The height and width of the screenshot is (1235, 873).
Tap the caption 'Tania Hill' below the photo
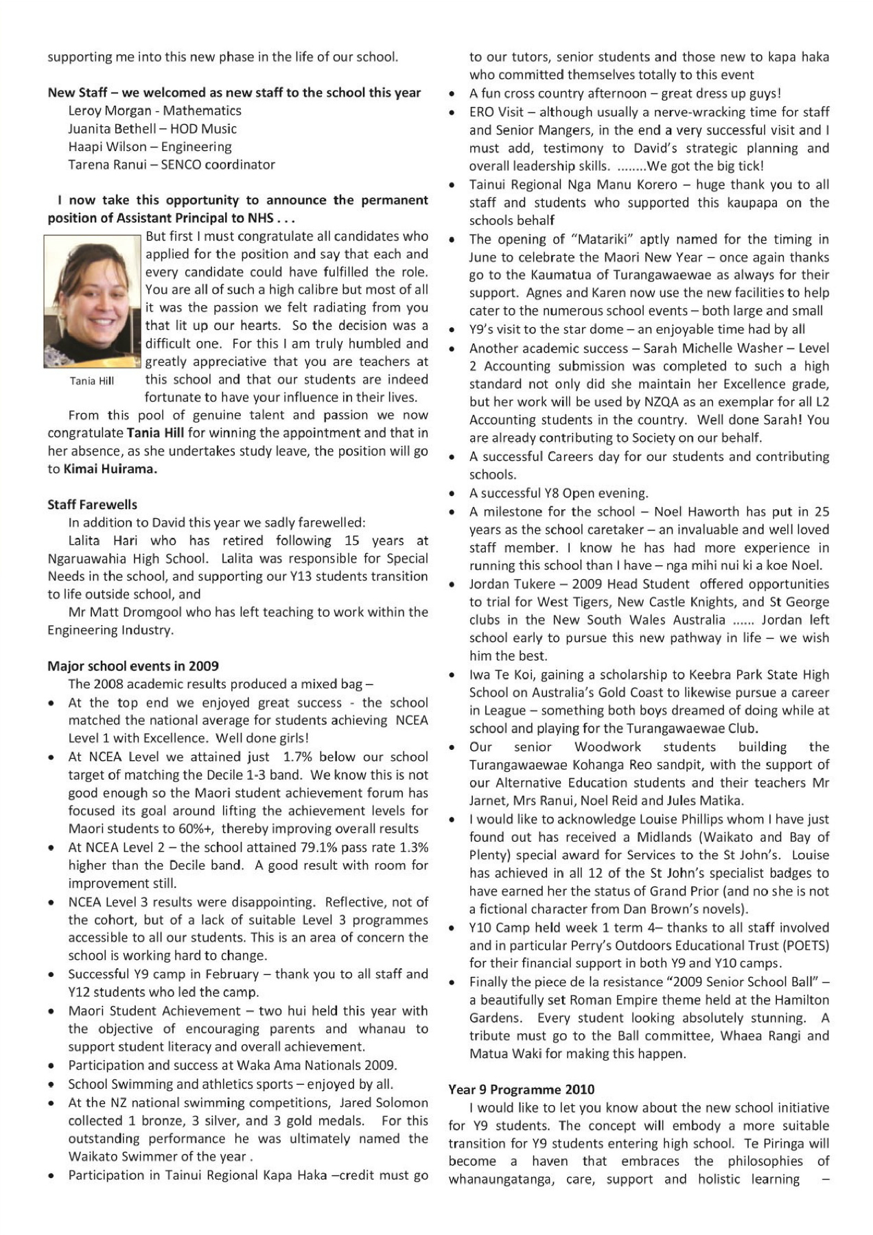click(x=92, y=381)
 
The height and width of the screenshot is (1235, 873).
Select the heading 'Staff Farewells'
click(x=92, y=505)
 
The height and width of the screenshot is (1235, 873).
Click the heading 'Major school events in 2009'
click(x=133, y=666)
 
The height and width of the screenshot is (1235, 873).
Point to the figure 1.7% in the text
click(x=298, y=757)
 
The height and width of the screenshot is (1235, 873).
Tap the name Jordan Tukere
click(x=511, y=584)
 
